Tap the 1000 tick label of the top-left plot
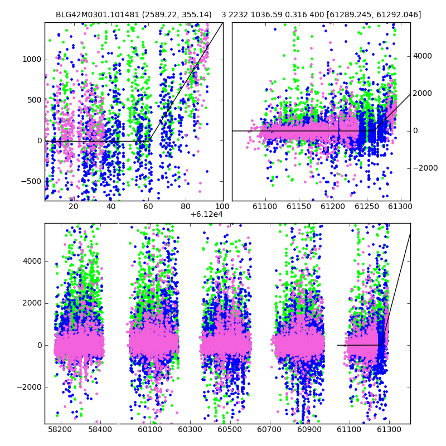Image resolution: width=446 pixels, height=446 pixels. point(32,60)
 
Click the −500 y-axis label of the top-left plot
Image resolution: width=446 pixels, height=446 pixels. point(31,181)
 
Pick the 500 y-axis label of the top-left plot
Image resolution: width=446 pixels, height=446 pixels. point(35,100)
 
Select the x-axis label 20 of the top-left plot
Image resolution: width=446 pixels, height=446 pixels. point(74,206)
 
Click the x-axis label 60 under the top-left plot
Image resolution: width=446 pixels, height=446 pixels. point(148,206)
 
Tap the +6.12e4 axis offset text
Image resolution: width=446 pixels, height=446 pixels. point(206,215)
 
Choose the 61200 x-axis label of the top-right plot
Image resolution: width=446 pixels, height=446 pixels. point(333,206)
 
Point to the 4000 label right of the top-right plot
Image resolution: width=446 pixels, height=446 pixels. point(423,56)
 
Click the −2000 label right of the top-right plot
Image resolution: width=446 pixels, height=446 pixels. point(425,168)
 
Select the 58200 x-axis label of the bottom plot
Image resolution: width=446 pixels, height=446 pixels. point(60,429)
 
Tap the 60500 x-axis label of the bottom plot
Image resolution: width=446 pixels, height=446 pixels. point(230,429)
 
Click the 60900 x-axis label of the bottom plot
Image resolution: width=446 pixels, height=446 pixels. point(309,429)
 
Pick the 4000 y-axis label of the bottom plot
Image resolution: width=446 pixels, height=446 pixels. point(32,261)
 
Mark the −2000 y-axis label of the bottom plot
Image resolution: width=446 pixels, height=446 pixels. point(29,387)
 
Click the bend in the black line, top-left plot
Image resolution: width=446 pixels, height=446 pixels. point(149,141)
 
